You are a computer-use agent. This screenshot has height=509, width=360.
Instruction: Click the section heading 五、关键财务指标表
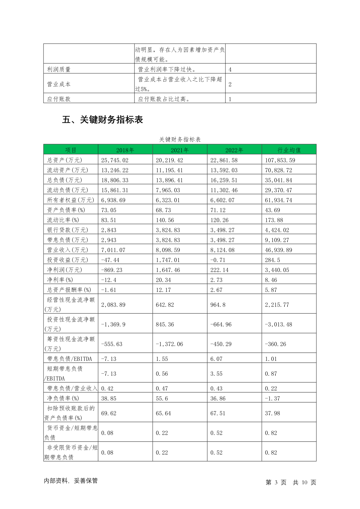102,120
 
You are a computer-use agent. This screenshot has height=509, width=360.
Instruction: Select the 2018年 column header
125,150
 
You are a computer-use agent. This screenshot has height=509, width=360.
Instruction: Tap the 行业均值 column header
289,150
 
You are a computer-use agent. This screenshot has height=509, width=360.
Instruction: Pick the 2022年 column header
234,150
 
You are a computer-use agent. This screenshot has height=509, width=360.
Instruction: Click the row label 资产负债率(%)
66,210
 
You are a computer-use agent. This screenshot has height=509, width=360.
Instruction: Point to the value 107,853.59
280,160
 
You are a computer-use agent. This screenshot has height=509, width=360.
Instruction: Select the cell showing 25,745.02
115,160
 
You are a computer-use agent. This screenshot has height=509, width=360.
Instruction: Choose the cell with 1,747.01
168,260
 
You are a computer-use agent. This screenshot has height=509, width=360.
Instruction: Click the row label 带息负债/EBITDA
70,359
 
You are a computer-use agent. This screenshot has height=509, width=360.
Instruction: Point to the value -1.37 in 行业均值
272,398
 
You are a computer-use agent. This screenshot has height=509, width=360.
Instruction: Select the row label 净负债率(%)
63,398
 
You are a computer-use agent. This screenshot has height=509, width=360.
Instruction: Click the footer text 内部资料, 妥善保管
71,481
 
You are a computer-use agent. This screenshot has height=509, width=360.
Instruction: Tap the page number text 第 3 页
276,482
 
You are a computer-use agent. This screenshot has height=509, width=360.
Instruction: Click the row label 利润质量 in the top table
59,69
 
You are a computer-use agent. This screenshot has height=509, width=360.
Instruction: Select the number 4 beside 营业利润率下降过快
230,70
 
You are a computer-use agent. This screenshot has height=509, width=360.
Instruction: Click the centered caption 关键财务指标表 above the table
180,139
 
